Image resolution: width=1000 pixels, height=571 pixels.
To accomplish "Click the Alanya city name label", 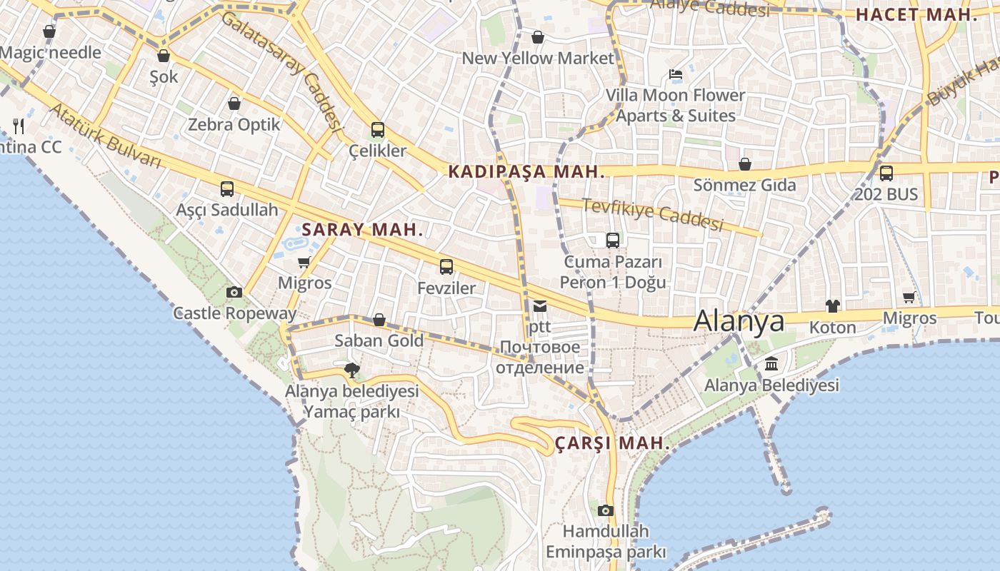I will pyautogui.click(x=739, y=321).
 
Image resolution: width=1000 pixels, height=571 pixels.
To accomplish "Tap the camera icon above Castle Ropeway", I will pyautogui.click(x=234, y=292).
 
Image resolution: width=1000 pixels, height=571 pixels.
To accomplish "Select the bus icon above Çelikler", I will pyautogui.click(x=378, y=130).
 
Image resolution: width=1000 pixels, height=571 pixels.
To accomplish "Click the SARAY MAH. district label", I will pyautogui.click(x=363, y=230).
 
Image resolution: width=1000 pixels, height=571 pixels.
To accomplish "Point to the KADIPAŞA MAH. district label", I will pyautogui.click(x=526, y=172).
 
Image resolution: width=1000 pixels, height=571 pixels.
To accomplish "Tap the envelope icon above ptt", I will pyautogui.click(x=540, y=306).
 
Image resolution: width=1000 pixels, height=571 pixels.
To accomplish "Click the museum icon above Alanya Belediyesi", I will pyautogui.click(x=771, y=365).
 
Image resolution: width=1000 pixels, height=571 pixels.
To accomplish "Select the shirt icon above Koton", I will pyautogui.click(x=833, y=306).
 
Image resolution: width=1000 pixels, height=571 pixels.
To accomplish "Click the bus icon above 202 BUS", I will pyautogui.click(x=886, y=173).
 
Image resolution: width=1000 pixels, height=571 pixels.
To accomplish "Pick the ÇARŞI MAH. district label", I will pyautogui.click(x=612, y=443).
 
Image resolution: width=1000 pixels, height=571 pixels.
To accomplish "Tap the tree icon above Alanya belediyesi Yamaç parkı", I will pyautogui.click(x=351, y=370).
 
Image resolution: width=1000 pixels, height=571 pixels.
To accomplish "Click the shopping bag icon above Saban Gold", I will pyautogui.click(x=379, y=320).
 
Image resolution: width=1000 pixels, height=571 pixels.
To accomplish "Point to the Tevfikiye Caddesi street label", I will pyautogui.click(x=653, y=214).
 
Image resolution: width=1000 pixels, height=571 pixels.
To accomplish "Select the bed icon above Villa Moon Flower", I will pyautogui.click(x=676, y=74).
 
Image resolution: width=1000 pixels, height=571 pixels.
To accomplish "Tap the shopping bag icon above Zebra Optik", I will pyautogui.click(x=234, y=103).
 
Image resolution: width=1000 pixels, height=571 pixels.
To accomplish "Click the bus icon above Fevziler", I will pyautogui.click(x=446, y=267).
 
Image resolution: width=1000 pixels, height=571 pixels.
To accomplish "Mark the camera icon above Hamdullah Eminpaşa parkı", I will pyautogui.click(x=606, y=510).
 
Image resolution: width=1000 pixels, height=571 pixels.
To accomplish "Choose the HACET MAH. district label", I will pyautogui.click(x=916, y=14).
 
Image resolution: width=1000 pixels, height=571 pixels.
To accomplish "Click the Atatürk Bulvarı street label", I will pyautogui.click(x=105, y=136).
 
